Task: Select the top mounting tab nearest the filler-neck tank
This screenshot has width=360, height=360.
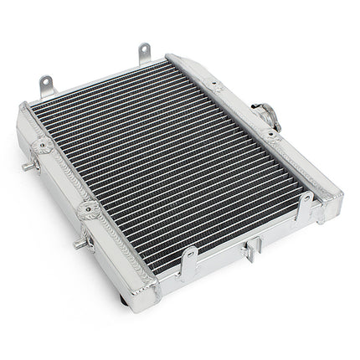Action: pyautogui.click(x=144, y=54)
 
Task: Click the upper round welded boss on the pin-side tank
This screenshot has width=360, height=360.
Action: pyautogui.click(x=39, y=147)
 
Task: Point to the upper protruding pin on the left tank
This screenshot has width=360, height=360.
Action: pyautogui.click(x=27, y=166)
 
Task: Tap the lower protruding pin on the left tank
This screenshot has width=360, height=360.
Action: pyautogui.click(x=78, y=243)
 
